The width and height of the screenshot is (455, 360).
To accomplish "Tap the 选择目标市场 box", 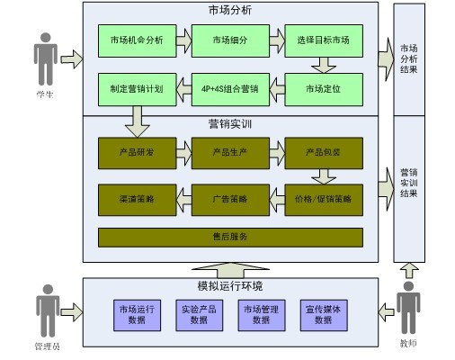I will [322, 40].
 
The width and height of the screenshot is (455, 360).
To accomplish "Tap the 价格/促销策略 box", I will [322, 197].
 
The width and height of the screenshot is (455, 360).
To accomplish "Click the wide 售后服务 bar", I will [230, 237].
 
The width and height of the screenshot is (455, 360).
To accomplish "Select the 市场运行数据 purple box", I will [136, 314].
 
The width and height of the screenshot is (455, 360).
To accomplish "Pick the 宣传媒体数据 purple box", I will [323, 314].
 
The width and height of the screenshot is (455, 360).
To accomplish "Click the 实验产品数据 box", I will [199, 314].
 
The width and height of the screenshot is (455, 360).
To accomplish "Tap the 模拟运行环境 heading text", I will [230, 286].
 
